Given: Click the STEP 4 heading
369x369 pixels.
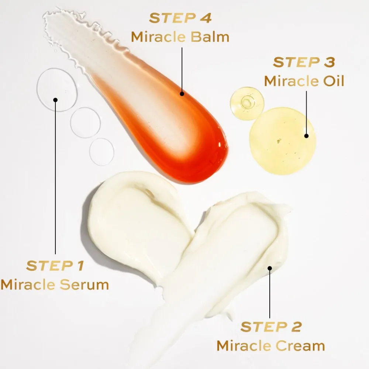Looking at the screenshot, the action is (x=180, y=18).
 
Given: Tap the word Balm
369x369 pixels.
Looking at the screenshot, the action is (x=210, y=37).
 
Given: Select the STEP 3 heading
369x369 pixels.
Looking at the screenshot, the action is (x=304, y=62).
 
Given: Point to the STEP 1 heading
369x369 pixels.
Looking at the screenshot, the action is (x=55, y=266).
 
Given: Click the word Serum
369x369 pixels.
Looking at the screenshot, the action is (x=84, y=284).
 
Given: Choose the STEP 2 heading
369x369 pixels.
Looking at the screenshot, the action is (x=271, y=327).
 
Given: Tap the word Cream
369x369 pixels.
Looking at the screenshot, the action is (x=300, y=346).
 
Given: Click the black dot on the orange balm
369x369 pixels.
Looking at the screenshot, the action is (x=182, y=94).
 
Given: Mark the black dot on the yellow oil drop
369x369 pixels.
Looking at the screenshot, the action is (x=306, y=136).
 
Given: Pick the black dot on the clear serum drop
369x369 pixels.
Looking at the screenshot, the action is (x=55, y=100).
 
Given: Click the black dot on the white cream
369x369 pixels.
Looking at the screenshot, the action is (x=270, y=268).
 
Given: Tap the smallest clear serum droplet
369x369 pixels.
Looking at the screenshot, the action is (x=102, y=152).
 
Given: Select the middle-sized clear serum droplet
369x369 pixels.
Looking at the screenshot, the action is (x=86, y=123).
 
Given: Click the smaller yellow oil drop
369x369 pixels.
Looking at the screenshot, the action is (x=247, y=103).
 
